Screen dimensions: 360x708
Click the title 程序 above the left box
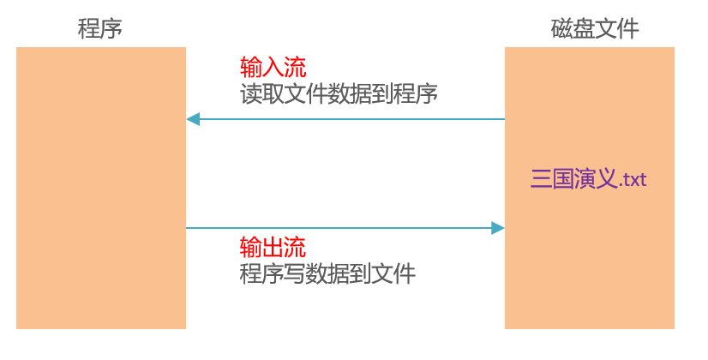click(100, 28)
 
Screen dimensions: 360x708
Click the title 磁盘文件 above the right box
click(594, 28)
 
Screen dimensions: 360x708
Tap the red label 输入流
click(273, 67)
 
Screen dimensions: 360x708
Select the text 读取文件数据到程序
click(339, 93)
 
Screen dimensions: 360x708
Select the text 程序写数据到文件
click(327, 274)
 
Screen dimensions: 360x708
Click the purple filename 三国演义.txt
click(588, 180)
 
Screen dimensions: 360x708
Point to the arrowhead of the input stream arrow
click(193, 119)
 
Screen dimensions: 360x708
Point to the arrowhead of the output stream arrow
click(497, 228)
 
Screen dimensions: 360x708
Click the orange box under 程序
click(100, 188)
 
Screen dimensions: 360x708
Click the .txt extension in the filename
click(632, 181)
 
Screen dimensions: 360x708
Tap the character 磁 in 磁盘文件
click(561, 28)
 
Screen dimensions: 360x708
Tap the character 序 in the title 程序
click(111, 28)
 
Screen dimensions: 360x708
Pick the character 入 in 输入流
click(273, 67)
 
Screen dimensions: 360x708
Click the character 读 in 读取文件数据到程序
click(250, 93)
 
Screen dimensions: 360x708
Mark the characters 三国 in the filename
click(552, 180)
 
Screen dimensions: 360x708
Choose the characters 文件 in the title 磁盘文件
click(617, 28)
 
